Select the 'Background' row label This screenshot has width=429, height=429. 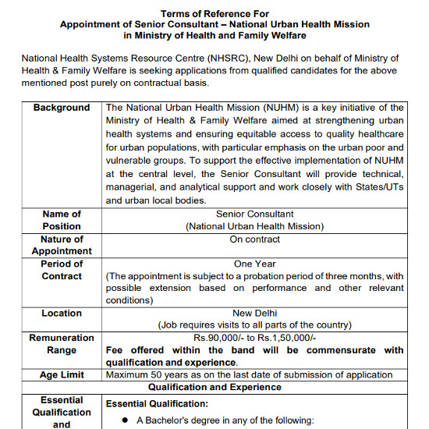click(62, 108)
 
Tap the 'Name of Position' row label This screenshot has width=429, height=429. click(62, 220)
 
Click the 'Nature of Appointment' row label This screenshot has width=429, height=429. click(62, 245)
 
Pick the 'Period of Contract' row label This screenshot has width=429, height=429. click(62, 270)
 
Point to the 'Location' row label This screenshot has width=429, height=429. click(62, 313)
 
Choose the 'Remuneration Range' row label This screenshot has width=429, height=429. click(62, 344)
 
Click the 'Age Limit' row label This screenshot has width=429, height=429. click(62, 375)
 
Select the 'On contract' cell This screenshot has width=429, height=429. click(254, 239)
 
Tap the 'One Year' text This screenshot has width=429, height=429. click(254, 264)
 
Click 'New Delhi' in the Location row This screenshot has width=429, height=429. click(254, 313)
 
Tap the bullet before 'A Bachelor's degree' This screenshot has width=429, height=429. click(125, 421)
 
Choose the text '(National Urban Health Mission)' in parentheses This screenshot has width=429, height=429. click(254, 226)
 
